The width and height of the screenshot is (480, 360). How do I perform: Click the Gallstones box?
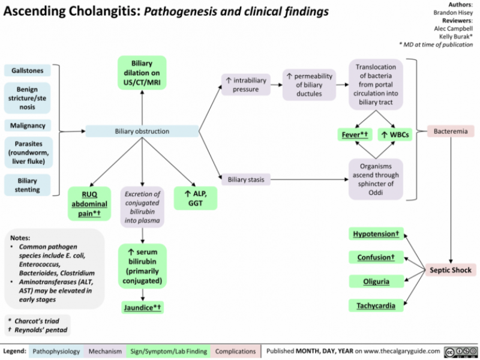tap(27, 71)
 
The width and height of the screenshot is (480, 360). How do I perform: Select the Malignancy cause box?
tap(27, 125)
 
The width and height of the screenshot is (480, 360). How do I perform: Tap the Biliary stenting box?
tap(27, 185)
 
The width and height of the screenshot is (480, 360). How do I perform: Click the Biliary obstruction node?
tap(142, 131)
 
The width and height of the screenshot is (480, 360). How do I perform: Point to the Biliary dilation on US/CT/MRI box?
tap(142, 73)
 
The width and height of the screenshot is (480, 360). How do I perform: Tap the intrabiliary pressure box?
tap(245, 85)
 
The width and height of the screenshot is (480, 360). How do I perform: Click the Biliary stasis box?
tap(244, 178)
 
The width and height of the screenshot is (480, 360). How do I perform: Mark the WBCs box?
tap(395, 134)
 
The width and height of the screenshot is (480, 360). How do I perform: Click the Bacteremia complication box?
tap(451, 131)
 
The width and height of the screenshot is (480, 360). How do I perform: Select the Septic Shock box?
tap(451, 270)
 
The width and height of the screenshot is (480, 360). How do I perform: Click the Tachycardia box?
tap(377, 306)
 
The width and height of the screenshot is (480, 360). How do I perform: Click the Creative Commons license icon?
tap(459, 350)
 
